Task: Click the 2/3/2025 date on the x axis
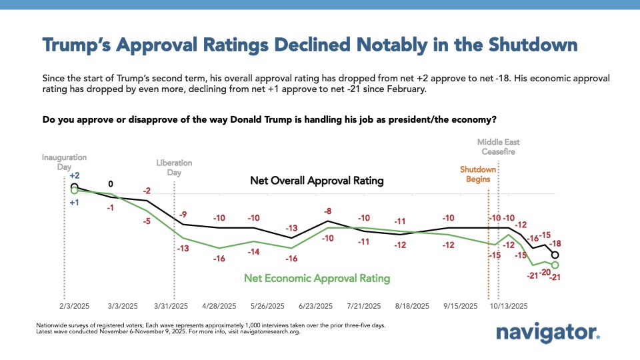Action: pyautogui.click(x=74, y=307)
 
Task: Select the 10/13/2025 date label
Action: pyautogui.click(x=509, y=307)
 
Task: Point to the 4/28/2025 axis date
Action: pyautogui.click(x=219, y=307)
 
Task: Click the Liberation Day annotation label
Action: pyautogui.click(x=174, y=167)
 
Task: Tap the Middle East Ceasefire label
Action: pyautogui.click(x=499, y=147)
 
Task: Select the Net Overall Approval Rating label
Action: pyautogui.click(x=317, y=181)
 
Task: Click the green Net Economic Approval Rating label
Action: pyautogui.click(x=317, y=278)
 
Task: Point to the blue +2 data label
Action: pyautogui.click(x=74, y=175)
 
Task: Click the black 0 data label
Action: pyautogui.click(x=111, y=184)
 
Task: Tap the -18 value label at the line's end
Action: pyautogui.click(x=555, y=243)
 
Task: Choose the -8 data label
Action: pyautogui.click(x=327, y=211)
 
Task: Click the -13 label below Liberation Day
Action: pyautogui.click(x=184, y=249)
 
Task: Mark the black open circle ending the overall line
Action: pyautogui.click(x=555, y=255)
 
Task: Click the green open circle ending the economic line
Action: pyautogui.click(x=555, y=265)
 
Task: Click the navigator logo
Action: pyautogui.click(x=548, y=332)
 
